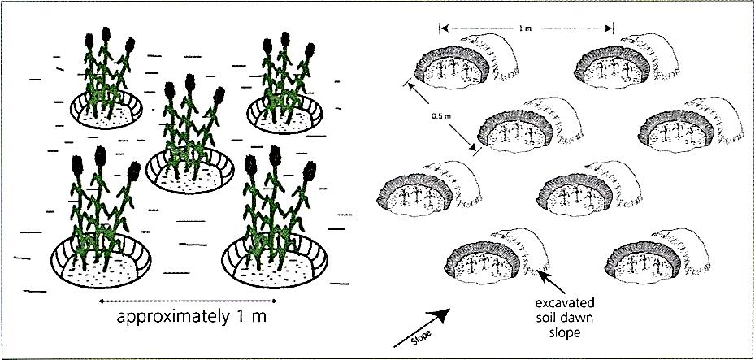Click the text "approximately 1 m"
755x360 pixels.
pyautogui.click(x=191, y=319)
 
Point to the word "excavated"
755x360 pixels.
pyautogui.click(x=564, y=304)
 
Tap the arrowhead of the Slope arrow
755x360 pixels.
pyautogui.click(x=442, y=314)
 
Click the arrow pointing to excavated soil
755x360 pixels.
pyautogui.click(x=552, y=283)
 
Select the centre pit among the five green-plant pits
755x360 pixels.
pyautogui.click(x=190, y=171)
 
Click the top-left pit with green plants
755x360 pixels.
pyautogui.click(x=106, y=109)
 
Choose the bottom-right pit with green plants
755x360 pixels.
pyautogui.click(x=275, y=262)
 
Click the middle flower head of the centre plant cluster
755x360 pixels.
pyautogui.click(x=190, y=82)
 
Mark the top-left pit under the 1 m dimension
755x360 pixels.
pyautogui.click(x=466, y=61)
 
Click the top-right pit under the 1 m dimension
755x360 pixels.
pyautogui.click(x=626, y=61)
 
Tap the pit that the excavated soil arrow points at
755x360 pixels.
pyautogui.click(x=496, y=257)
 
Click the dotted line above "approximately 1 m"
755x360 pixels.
pyautogui.click(x=187, y=301)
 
